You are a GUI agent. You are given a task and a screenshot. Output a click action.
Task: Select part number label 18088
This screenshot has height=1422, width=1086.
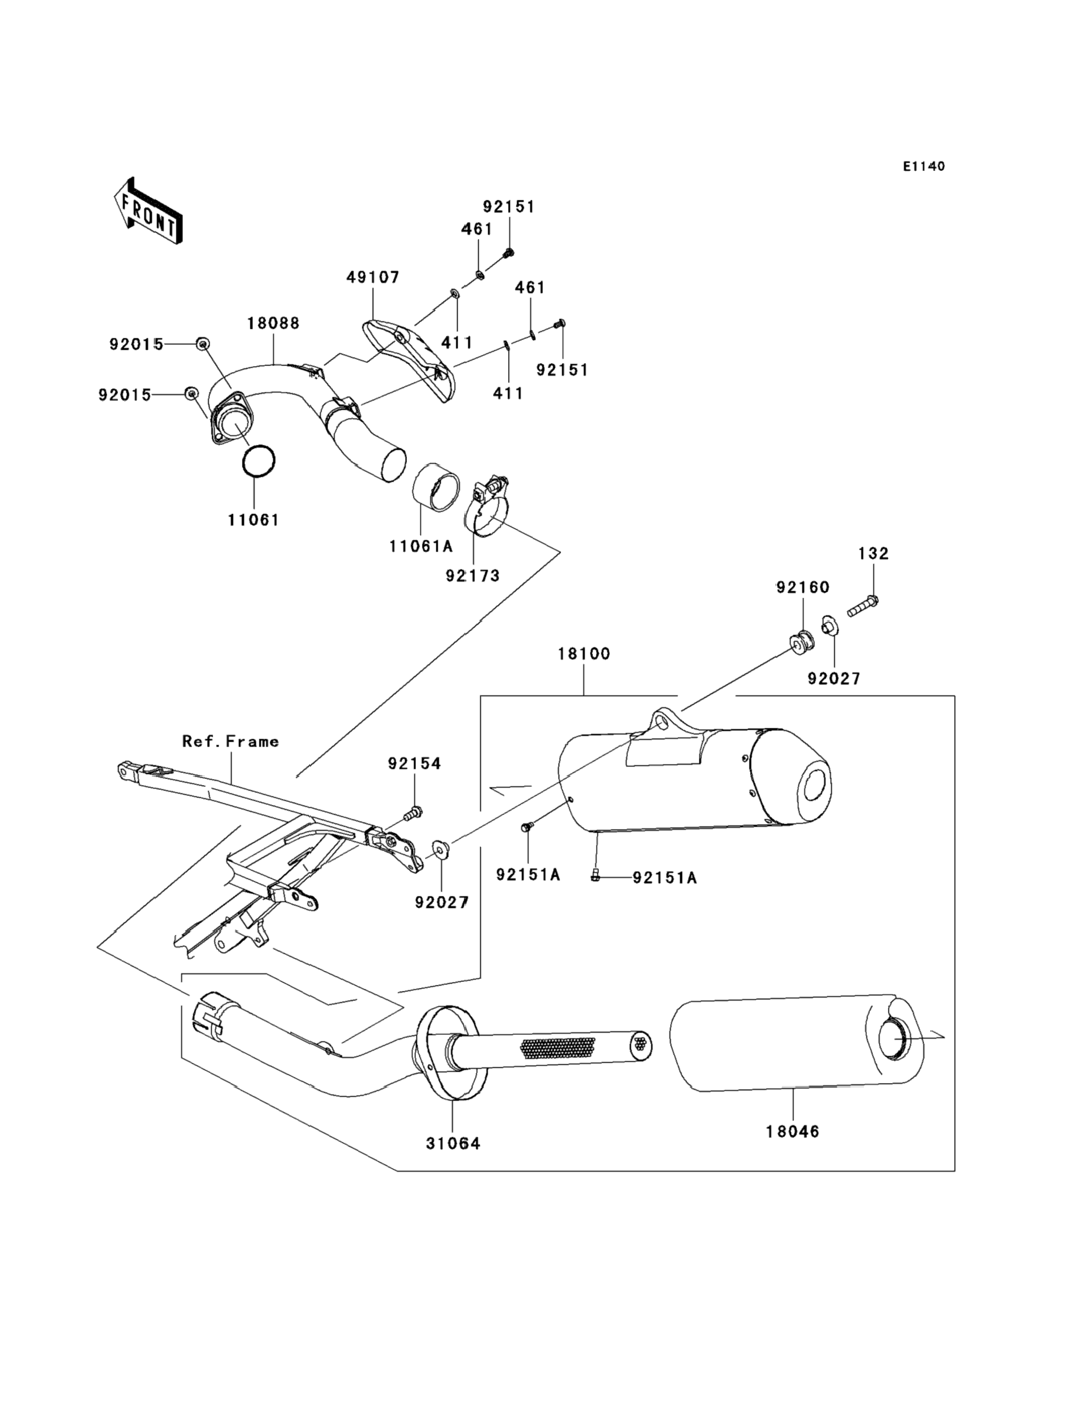(x=273, y=323)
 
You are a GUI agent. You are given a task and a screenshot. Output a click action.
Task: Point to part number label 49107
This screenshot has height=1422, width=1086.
(x=373, y=277)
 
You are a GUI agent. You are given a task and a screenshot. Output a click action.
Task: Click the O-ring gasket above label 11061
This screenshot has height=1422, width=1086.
(x=259, y=461)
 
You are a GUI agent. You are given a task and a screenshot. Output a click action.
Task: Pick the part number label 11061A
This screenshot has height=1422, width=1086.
(x=421, y=546)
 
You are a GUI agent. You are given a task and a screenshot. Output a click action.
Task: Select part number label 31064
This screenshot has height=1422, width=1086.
(x=453, y=1143)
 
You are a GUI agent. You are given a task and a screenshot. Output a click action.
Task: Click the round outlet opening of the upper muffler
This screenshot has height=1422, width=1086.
(x=816, y=788)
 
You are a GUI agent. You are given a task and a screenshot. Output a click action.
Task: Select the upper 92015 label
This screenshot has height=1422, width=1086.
(x=136, y=344)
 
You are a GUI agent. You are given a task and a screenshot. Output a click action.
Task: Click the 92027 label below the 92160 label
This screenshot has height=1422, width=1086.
(x=834, y=678)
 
